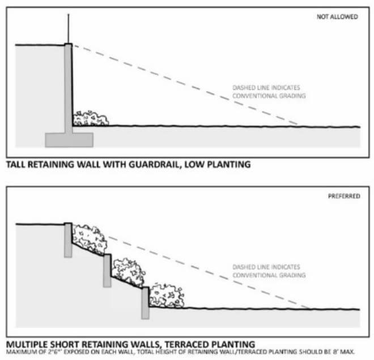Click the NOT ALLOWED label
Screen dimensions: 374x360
(x=337, y=16)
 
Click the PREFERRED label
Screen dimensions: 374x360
(x=344, y=196)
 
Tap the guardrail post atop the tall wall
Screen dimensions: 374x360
(x=69, y=29)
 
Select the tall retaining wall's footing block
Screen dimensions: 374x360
(x=69, y=140)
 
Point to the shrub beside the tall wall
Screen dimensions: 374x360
(x=91, y=118)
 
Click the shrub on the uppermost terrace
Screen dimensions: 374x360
(x=89, y=239)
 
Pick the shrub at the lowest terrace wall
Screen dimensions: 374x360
(x=167, y=295)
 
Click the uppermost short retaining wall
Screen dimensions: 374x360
(x=68, y=240)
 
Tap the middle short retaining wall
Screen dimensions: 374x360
(x=107, y=271)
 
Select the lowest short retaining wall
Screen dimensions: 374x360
(x=145, y=303)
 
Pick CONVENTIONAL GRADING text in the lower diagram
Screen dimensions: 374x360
(x=269, y=275)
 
